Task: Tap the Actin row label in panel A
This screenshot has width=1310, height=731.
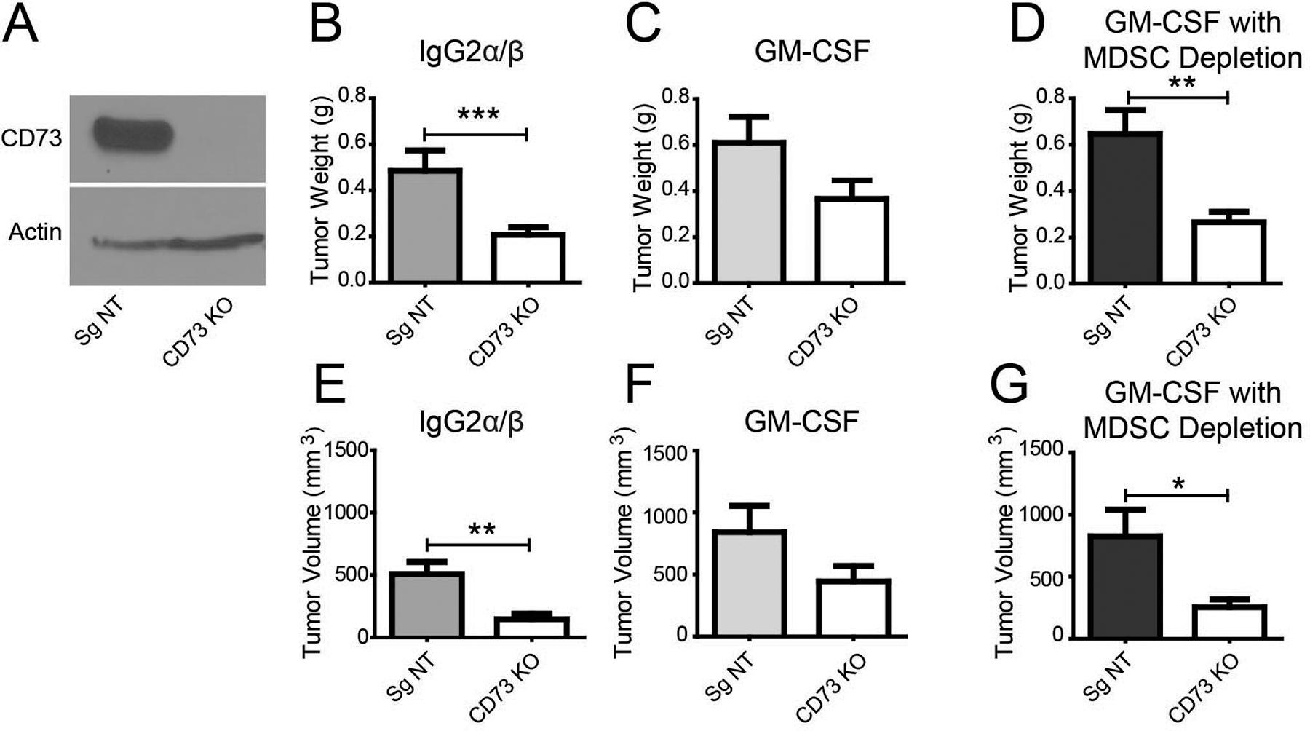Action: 35,232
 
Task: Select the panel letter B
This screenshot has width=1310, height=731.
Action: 325,27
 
